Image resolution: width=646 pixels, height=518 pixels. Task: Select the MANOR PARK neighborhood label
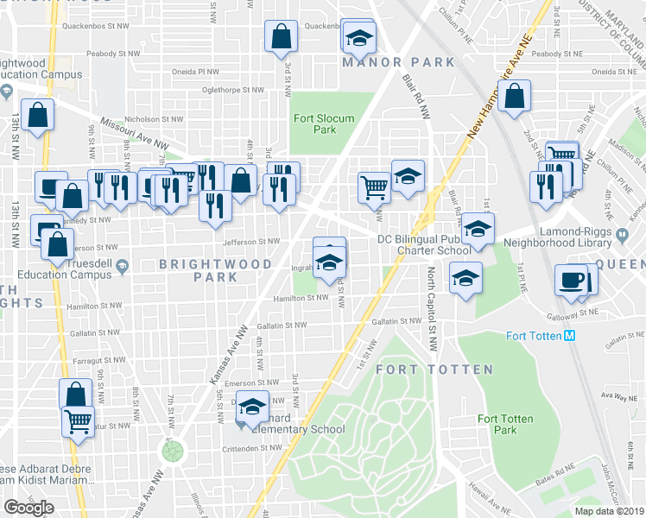pos(385,62)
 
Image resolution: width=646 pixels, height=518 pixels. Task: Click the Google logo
pos(28,507)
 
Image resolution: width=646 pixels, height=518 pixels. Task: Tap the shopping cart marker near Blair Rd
pos(374,186)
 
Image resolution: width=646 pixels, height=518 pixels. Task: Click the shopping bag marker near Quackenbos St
pos(281,37)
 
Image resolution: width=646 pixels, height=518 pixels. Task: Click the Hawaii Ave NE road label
pos(489,501)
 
